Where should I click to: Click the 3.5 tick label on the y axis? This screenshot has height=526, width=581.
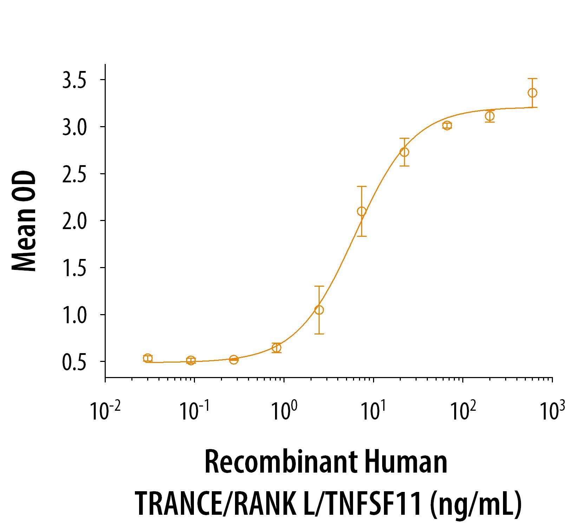74,80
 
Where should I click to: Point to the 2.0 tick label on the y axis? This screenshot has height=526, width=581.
74,221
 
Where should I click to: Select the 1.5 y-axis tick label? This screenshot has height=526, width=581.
74,268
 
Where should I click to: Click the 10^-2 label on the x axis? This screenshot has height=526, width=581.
104,411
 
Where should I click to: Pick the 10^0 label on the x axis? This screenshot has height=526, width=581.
284,411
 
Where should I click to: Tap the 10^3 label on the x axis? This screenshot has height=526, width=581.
551,411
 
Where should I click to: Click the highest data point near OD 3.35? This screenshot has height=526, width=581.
532,93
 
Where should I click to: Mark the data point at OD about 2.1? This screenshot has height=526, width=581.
361,211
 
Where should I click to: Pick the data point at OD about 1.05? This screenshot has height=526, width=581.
319,310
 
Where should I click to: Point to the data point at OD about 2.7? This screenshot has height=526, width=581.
404,152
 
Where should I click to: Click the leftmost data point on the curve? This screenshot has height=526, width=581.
148,358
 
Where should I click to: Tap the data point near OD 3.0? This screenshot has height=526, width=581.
447,125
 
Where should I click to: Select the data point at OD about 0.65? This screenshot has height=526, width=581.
276,348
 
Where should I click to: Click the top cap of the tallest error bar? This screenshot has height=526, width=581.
361,187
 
